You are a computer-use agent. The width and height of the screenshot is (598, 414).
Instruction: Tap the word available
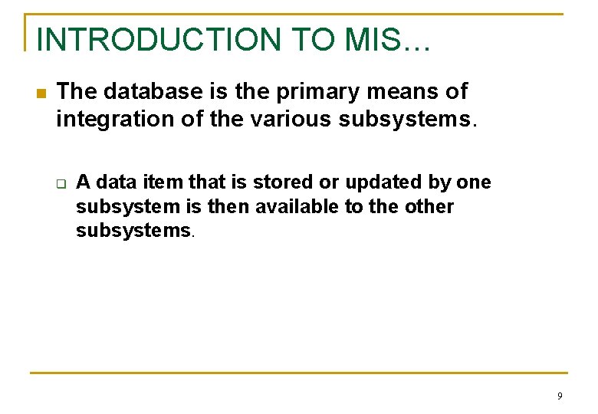(x=288, y=206)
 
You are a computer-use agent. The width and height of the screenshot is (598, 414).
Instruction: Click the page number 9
(x=560, y=396)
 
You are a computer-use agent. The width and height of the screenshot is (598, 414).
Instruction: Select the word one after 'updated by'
(x=473, y=182)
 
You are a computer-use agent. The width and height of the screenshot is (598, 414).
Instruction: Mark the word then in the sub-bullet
(x=229, y=206)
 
